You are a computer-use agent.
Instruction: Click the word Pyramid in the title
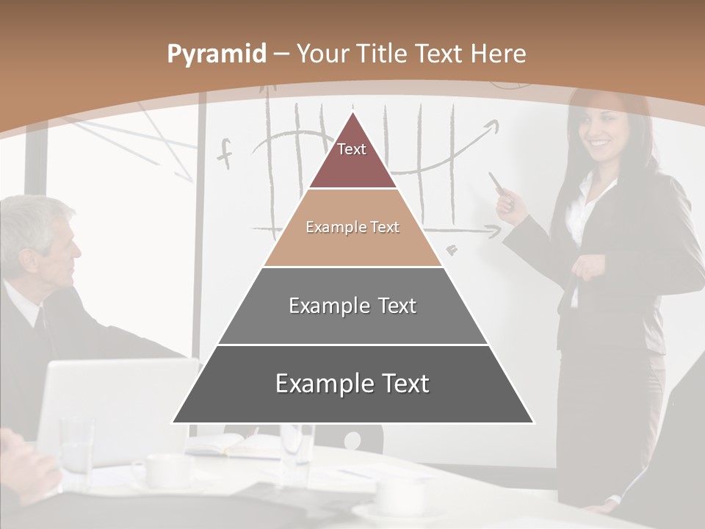pos(216,54)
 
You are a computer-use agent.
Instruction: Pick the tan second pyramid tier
pos(352,228)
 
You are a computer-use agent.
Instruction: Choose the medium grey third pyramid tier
pos(352,306)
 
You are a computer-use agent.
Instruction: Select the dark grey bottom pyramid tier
pos(352,384)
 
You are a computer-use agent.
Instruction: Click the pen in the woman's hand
pos(497,183)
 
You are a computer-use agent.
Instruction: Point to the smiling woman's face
pos(601,132)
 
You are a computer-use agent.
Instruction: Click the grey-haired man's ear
pos(30,261)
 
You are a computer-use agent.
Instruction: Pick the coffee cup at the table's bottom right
pos(400,500)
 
